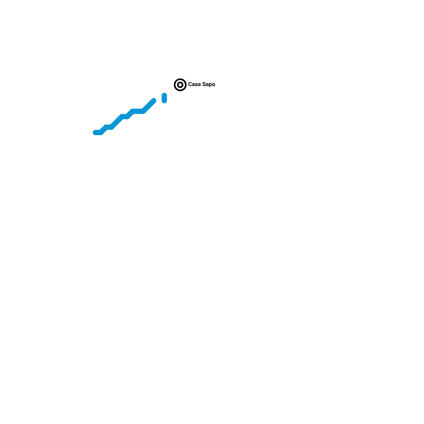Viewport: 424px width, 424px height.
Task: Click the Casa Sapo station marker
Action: [180, 85]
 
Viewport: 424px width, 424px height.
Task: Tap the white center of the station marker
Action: [180, 85]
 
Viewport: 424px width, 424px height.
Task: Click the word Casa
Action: [194, 84]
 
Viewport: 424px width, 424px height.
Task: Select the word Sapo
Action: [209, 84]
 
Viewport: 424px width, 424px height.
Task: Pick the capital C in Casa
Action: [190, 84]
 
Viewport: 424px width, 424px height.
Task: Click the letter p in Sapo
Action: [210, 85]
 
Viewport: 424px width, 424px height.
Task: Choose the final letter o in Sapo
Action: [213, 85]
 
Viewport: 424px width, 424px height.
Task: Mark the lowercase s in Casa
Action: [196, 85]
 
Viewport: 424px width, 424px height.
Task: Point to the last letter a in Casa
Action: [199, 85]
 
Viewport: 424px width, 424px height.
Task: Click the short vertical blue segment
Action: [164, 98]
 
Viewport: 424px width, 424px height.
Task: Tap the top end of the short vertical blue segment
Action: [164, 95]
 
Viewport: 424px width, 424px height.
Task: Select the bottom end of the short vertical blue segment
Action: [164, 101]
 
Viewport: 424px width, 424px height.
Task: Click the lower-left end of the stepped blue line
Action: [95, 132]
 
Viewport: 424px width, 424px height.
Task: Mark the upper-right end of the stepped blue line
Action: [154, 101]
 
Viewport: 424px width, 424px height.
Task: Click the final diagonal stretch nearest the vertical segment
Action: [149, 106]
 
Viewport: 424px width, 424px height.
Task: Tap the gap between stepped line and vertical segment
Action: [159, 100]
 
